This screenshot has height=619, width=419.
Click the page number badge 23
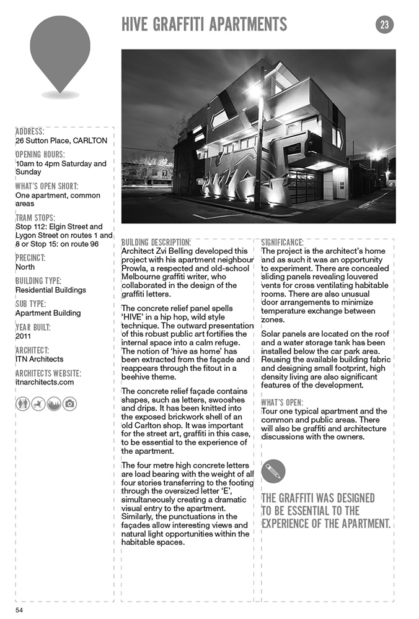pos(384,25)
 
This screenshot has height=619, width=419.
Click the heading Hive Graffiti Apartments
pos(205,24)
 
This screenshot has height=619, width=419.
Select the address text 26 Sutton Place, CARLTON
pos(61,141)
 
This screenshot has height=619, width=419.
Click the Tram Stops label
pos(35,218)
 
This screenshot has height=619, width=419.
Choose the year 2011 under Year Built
pos(24,336)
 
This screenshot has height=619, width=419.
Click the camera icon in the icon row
pos(69,404)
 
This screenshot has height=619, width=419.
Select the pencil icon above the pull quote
pos(273,471)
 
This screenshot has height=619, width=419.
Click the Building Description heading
pos(156,242)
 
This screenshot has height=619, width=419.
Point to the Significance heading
pos(282,242)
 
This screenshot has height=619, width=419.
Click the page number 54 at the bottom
pos(20,610)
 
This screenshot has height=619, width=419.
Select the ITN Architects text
pos(39,359)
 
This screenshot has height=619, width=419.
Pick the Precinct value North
pos(25,267)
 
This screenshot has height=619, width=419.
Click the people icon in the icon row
pos(22,404)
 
